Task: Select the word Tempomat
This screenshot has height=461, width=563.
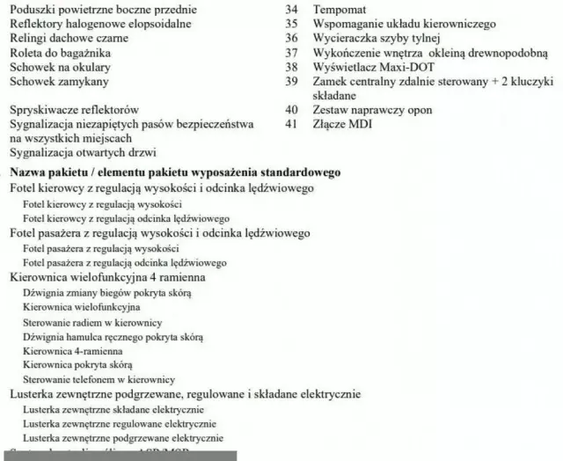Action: pos(340,9)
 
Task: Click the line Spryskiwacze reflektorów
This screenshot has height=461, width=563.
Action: pos(73,110)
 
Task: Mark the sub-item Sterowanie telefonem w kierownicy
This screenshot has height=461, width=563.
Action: pos(99,378)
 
